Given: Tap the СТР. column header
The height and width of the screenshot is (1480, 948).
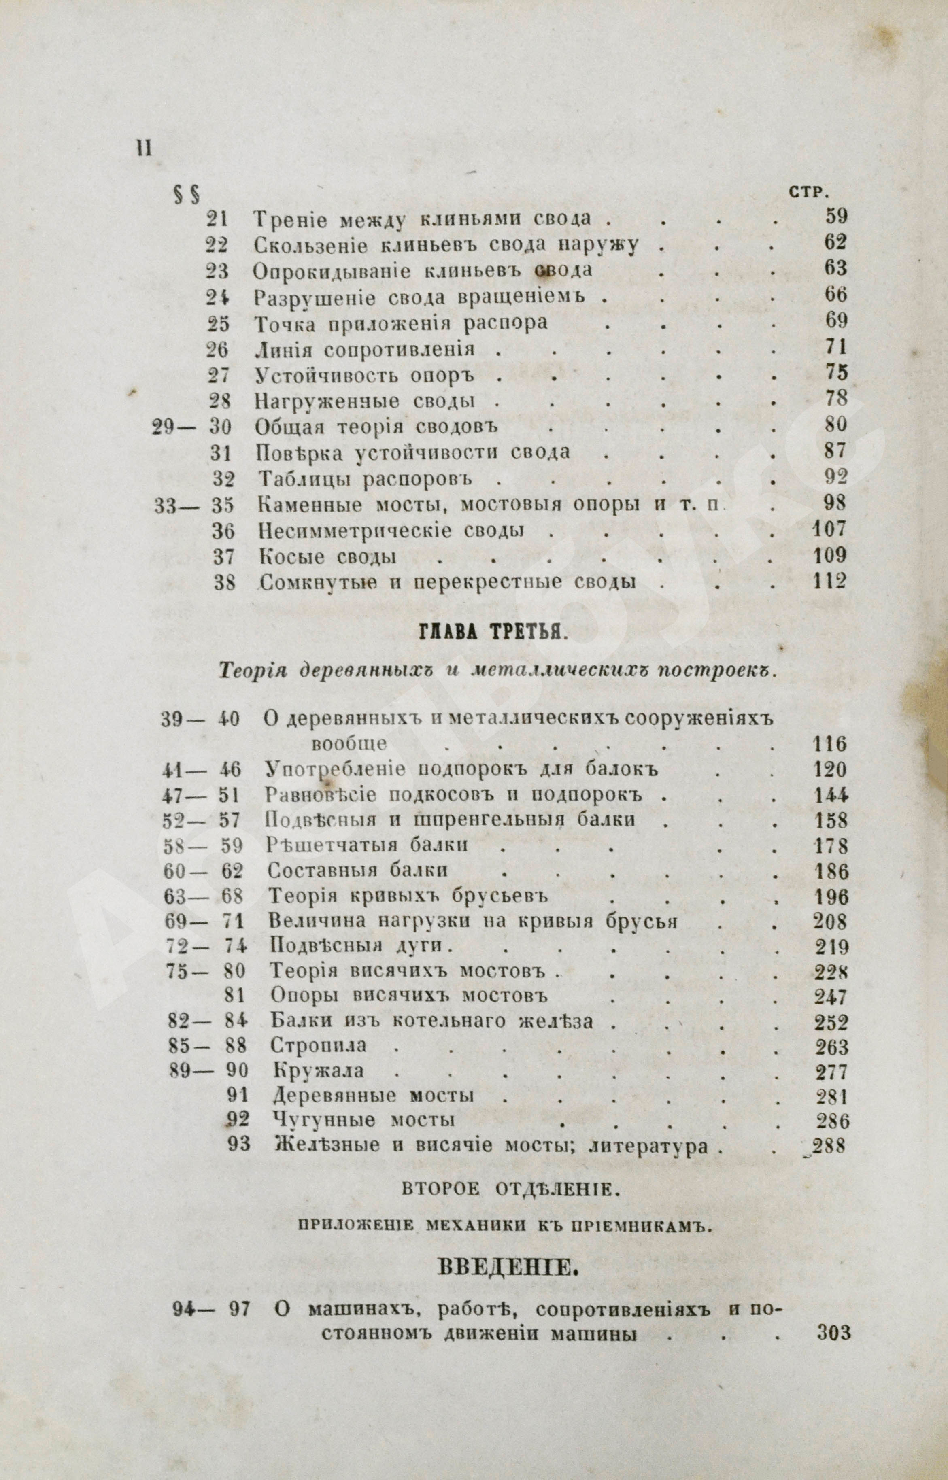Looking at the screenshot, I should tap(807, 193).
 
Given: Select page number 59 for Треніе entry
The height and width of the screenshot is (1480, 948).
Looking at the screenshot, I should tap(836, 216).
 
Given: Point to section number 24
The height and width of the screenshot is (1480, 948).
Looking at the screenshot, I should tap(217, 297).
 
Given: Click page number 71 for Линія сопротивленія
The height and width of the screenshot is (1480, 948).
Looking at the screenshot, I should tap(836, 347).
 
